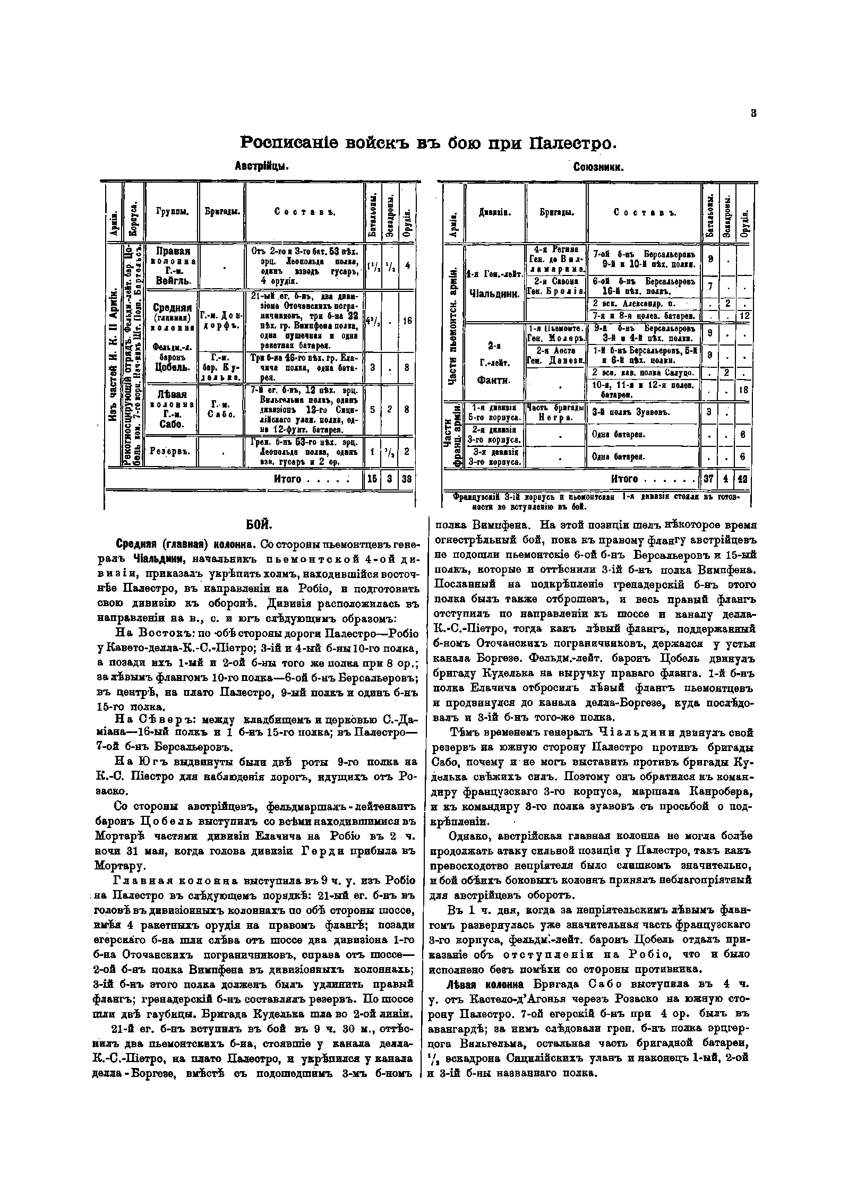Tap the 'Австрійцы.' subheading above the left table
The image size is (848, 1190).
[x=261, y=167]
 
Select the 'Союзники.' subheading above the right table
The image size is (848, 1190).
[x=598, y=167]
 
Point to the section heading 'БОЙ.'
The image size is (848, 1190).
[x=260, y=525]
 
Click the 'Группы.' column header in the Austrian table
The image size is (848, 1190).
[x=171, y=212]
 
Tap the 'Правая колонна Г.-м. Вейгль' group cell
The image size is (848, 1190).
[x=171, y=265]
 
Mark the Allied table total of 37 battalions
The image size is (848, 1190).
[x=708, y=479]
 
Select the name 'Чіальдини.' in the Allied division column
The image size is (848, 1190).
[x=494, y=294]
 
